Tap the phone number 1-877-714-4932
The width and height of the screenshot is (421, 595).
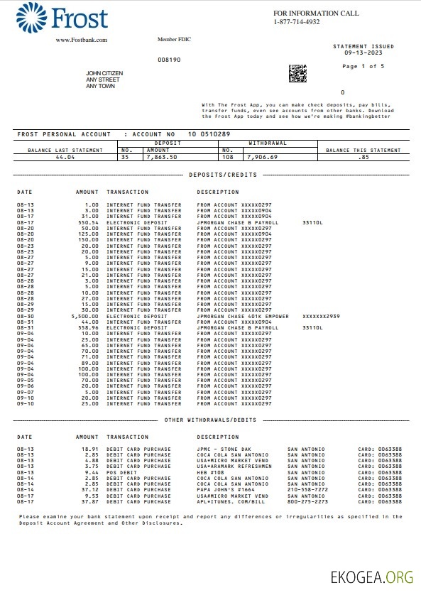[x=297, y=22]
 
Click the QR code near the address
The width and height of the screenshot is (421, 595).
[x=297, y=72]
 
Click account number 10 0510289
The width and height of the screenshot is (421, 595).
[x=209, y=134]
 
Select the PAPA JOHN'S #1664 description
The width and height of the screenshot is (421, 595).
[x=226, y=490]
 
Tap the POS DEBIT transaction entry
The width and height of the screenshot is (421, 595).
[x=121, y=472]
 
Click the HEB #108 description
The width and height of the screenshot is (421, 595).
[x=212, y=472]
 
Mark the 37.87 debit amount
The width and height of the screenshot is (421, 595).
[x=89, y=501]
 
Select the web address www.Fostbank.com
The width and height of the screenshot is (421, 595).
[x=82, y=40]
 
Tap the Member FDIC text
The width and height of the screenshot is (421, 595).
[x=174, y=39]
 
